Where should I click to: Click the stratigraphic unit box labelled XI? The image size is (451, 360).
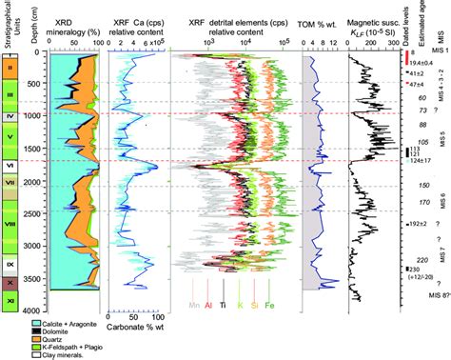click(10, 301)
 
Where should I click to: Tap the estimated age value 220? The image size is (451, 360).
click(422, 261)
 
